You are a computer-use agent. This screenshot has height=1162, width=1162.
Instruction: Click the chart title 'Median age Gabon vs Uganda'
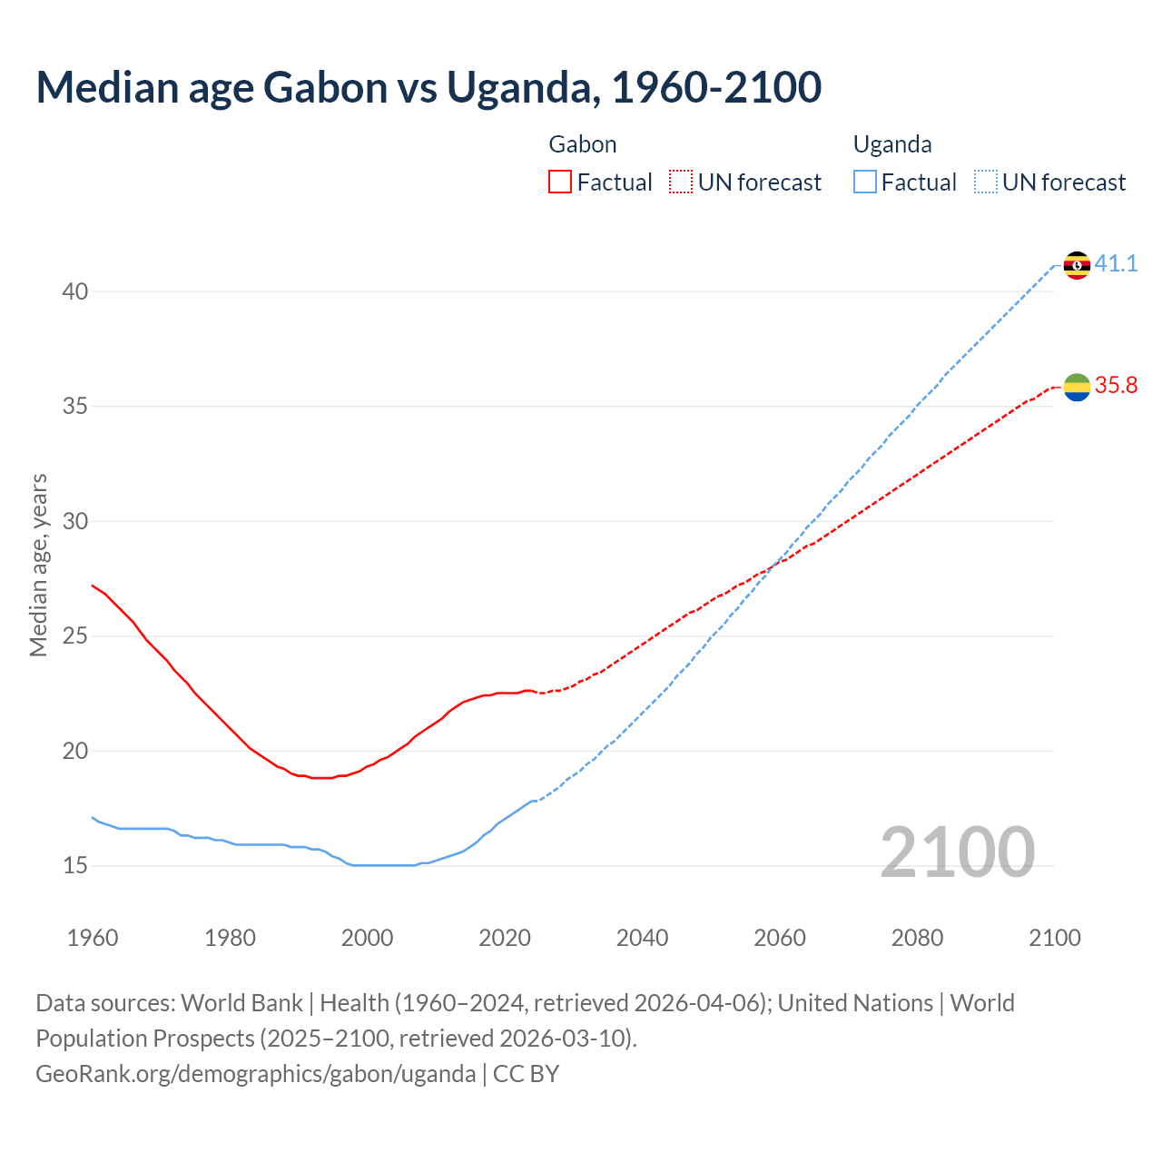click(x=428, y=87)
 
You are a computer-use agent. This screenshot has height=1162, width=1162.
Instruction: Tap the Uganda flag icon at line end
click(x=1077, y=265)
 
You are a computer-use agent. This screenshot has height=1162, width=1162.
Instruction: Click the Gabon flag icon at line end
click(x=1077, y=387)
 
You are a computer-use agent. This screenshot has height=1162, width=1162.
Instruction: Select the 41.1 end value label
click(x=1116, y=264)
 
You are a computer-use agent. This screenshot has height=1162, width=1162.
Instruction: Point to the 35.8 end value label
click(x=1116, y=386)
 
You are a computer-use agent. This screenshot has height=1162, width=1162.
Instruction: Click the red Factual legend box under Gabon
click(x=560, y=182)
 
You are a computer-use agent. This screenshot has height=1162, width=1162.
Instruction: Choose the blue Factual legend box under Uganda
click(x=865, y=182)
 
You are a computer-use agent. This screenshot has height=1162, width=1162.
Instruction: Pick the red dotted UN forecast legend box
click(x=681, y=182)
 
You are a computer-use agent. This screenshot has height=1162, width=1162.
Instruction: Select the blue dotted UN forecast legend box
click(x=986, y=182)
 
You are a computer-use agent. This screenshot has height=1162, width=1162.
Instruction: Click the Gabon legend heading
click(x=583, y=144)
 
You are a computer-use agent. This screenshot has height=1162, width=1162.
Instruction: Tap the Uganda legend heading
click(x=892, y=144)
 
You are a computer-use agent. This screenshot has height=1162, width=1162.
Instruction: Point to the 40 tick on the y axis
click(x=75, y=291)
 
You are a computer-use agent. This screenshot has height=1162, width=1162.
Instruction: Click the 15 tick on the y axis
click(x=75, y=866)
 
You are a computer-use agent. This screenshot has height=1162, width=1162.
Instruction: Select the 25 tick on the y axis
click(x=75, y=636)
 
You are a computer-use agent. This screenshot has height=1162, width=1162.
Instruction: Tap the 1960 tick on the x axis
click(x=93, y=938)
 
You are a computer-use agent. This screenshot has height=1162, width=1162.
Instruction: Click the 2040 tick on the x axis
click(x=642, y=938)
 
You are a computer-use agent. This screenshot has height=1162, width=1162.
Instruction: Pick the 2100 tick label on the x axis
click(x=1055, y=938)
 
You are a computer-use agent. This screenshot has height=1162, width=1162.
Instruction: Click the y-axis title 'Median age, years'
click(x=38, y=565)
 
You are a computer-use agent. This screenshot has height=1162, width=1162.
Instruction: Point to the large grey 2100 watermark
click(x=957, y=852)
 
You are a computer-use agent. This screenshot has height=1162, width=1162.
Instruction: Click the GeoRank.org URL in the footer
click(x=255, y=1074)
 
